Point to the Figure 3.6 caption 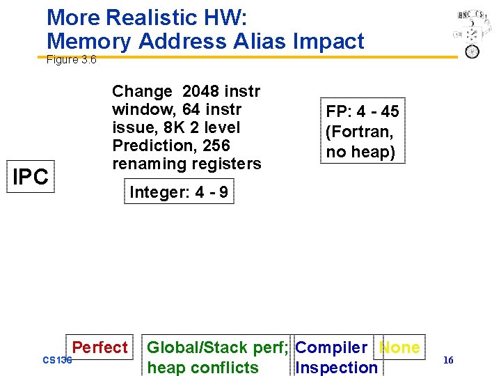[71, 60]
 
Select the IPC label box [31, 178]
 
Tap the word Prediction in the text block [151, 146]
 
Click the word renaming [149, 164]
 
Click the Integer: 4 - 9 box [179, 192]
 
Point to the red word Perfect [100, 347]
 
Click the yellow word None [400, 347]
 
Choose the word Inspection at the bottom [336, 367]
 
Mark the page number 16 [448, 360]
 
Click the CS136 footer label [57, 360]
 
